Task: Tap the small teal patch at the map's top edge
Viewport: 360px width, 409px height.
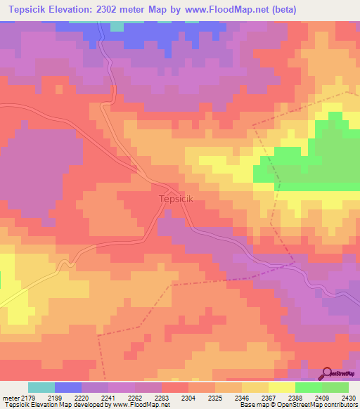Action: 117,27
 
